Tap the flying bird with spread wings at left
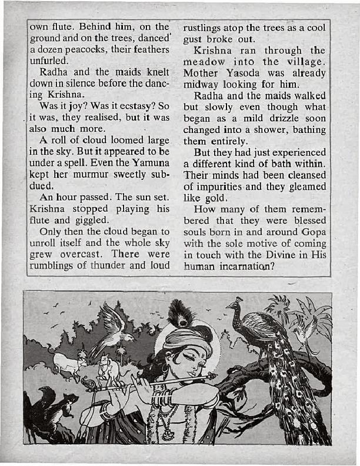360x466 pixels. click(114, 327)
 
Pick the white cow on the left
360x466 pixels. click(68, 362)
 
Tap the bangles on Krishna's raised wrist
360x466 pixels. click(161, 400)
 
